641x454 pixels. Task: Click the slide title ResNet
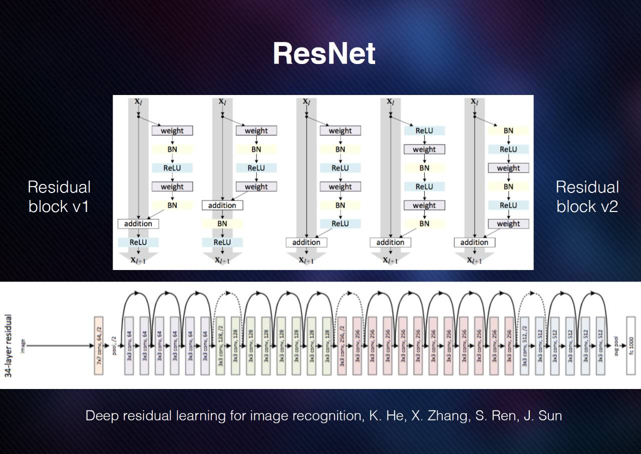(324, 53)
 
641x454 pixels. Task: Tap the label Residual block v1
(59, 196)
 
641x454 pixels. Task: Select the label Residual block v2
(587, 196)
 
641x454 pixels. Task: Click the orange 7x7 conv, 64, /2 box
(98, 345)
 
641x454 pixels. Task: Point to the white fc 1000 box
(630, 345)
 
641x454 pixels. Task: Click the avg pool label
(615, 345)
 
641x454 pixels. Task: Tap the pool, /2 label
(114, 345)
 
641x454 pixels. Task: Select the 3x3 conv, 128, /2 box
(220, 345)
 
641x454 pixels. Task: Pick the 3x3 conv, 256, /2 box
(343, 345)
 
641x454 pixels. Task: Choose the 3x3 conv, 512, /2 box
(525, 345)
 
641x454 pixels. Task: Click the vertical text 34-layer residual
(9, 345)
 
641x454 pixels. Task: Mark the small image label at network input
(23, 345)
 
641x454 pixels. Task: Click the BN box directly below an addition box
(222, 224)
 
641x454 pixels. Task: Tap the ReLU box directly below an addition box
(138, 242)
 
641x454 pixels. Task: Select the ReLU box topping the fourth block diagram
(424, 131)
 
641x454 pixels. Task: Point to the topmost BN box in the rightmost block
(508, 131)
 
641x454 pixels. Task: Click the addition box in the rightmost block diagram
(474, 242)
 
